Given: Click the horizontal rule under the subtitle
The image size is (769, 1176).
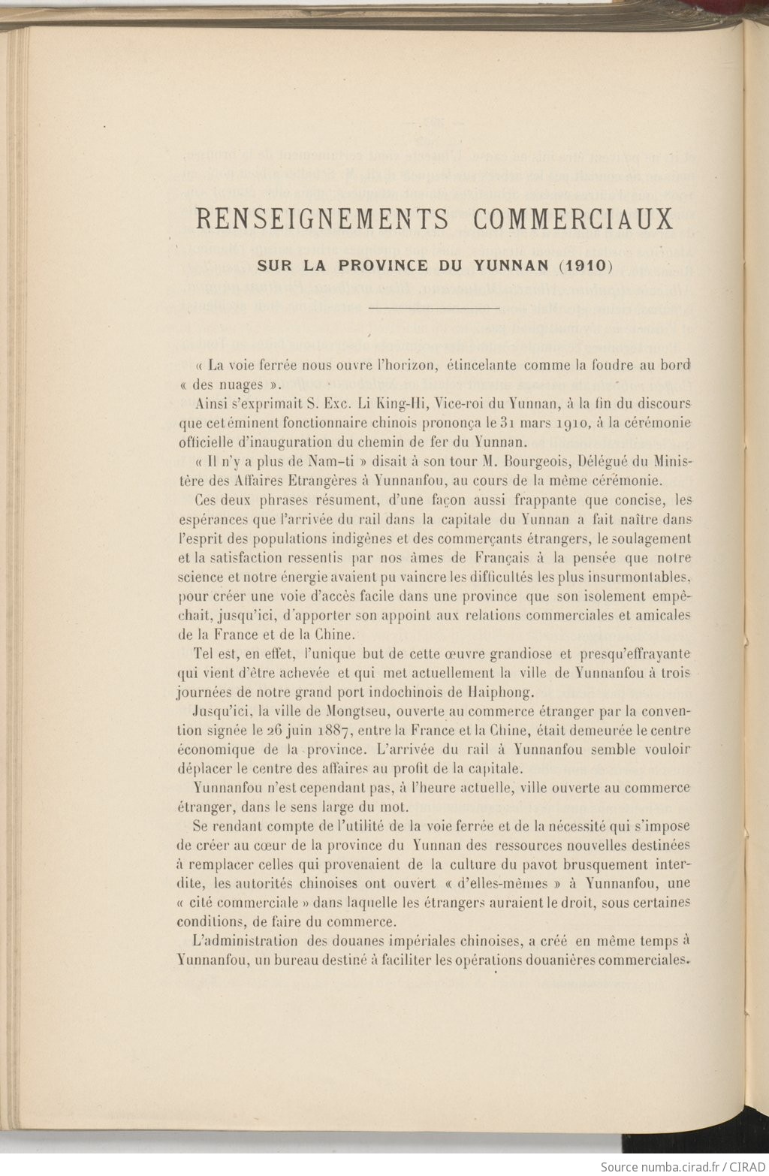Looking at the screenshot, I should point(435,308).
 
